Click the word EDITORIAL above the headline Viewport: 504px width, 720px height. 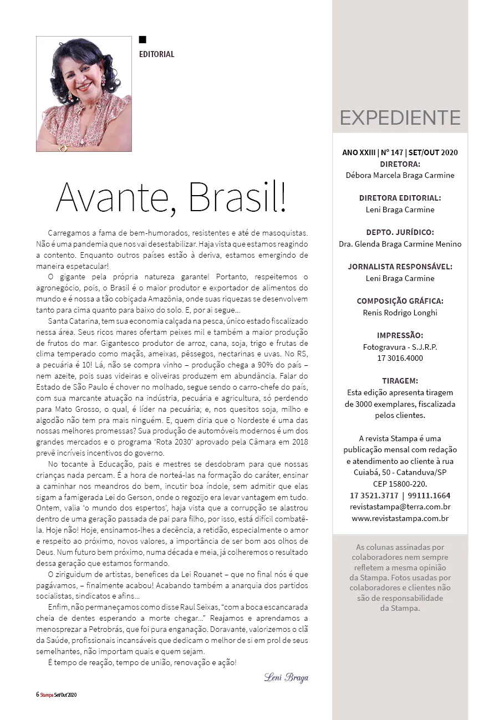coord(156,54)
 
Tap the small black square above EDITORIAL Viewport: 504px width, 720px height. coord(142,39)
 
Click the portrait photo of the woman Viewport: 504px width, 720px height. coord(84,94)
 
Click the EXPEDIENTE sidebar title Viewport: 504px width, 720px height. coord(400,118)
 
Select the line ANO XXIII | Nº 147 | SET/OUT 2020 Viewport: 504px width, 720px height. coord(400,152)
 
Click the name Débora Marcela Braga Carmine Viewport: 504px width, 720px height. coord(400,175)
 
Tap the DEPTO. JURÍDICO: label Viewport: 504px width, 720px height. coord(400,232)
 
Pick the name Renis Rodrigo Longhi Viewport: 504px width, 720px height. coord(400,312)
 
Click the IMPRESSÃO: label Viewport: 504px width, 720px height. coord(400,335)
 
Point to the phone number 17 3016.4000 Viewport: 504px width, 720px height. coord(400,358)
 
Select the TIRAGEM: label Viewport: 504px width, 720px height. coord(400,381)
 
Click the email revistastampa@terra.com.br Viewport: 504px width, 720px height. coord(400,507)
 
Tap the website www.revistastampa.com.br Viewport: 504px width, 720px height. coord(400,518)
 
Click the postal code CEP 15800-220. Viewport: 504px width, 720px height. coord(400,484)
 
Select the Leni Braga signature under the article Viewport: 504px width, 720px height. coord(286,678)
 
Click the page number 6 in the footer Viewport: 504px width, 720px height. coord(37,695)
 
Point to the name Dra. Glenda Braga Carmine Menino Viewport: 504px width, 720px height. coord(400,244)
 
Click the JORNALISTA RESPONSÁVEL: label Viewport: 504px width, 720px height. coord(400,267)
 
